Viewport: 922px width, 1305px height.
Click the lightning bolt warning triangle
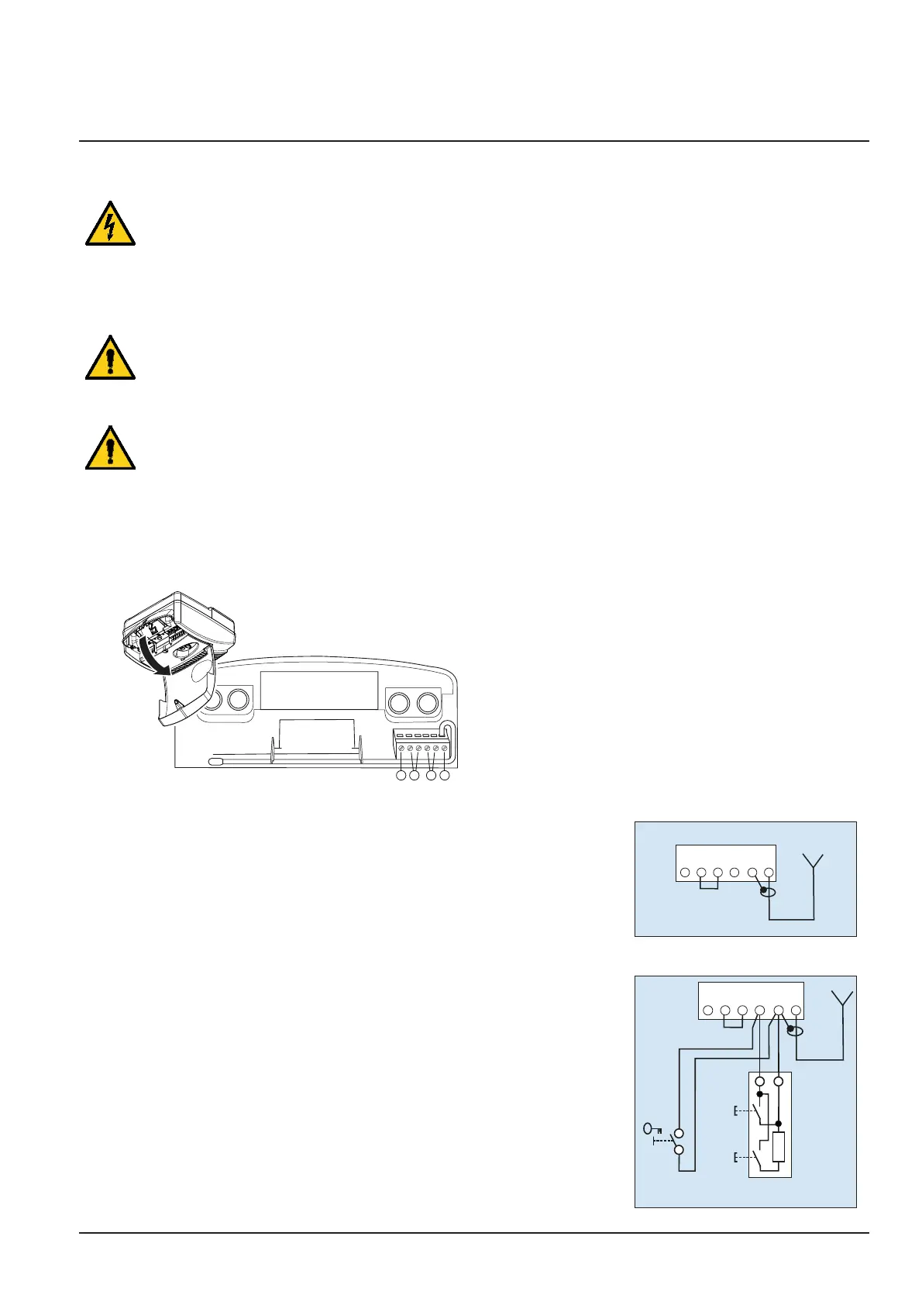tap(110, 226)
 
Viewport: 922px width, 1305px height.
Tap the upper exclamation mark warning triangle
tap(110, 360)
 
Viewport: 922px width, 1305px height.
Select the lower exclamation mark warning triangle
tap(110, 449)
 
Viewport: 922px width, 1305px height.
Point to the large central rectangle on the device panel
tap(318, 690)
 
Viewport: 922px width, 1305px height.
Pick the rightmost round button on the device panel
tap(428, 703)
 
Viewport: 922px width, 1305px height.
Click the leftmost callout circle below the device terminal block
tap(401, 776)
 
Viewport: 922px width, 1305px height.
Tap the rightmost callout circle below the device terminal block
tap(445, 776)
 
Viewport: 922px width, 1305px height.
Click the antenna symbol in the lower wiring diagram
tap(842, 1000)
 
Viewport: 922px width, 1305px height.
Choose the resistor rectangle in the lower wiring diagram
tap(779, 1146)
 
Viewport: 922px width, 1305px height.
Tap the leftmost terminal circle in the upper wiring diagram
tap(685, 873)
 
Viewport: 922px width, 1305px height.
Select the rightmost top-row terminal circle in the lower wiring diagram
tap(796, 1011)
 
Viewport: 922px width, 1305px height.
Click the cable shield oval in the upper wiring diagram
tap(767, 893)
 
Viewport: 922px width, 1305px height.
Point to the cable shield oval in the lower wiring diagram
tap(793, 1031)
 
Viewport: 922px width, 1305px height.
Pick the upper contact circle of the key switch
tap(679, 1133)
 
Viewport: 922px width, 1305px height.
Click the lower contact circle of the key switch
tap(679, 1150)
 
